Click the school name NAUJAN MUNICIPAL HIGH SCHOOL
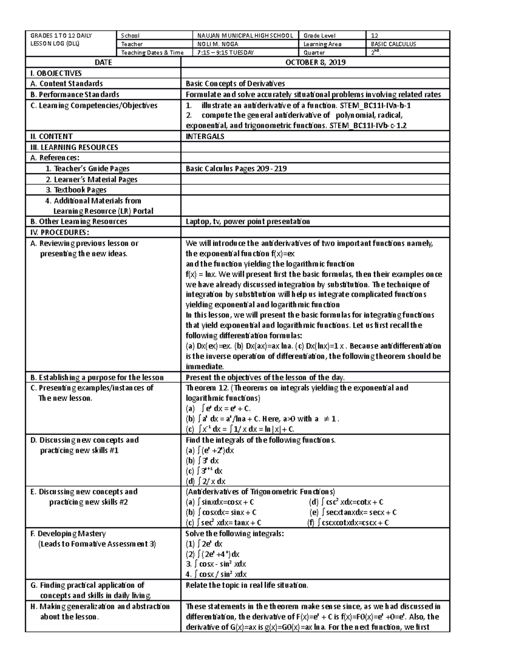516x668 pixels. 245,36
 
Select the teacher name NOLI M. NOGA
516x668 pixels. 218,44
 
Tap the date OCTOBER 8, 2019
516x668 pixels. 315,62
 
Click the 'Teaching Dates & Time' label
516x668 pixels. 152,53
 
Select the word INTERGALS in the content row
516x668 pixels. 205,137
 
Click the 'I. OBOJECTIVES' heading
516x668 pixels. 56,73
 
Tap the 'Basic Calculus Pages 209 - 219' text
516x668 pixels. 236,169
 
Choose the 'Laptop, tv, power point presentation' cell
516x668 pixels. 247,222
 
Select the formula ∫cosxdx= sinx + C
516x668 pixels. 221,512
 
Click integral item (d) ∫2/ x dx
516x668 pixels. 205,481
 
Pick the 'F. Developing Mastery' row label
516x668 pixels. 68,534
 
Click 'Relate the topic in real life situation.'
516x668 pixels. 247,585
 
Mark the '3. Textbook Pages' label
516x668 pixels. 76,190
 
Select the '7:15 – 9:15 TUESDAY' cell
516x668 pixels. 225,53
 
